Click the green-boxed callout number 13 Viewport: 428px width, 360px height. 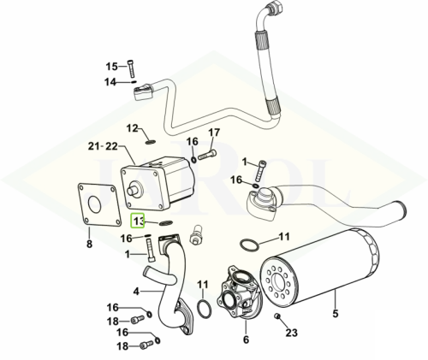[138, 221]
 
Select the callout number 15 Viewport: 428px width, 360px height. [112, 67]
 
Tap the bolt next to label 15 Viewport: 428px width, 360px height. [132, 68]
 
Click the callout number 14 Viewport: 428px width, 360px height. [110, 82]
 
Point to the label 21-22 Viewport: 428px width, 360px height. [103, 146]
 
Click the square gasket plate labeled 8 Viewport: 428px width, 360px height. [97, 205]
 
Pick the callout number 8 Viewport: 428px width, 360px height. [89, 244]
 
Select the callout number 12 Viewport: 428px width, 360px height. [133, 128]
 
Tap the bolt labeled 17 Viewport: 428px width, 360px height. [207, 156]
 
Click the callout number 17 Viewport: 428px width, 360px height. [214, 133]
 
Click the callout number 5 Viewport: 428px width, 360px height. [336, 313]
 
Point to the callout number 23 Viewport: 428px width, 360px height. [291, 333]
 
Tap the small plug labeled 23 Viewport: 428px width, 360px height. [276, 316]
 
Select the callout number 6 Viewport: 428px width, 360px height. [246, 339]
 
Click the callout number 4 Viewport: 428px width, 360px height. [136, 292]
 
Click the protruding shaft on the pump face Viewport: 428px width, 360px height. [133, 190]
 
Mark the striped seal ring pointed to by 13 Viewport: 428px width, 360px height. [166, 222]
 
